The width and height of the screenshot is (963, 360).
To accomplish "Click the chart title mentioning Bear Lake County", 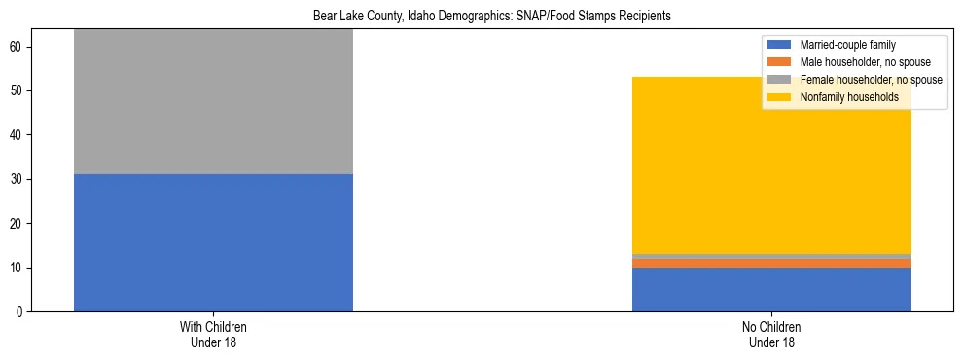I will (x=491, y=17).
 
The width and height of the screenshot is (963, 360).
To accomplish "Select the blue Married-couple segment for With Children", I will (x=213, y=243).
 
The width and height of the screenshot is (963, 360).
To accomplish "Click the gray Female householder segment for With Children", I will (x=213, y=102).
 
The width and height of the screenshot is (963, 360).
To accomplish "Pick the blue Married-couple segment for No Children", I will (x=771, y=290).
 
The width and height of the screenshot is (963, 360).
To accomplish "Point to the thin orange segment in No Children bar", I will (x=771, y=264).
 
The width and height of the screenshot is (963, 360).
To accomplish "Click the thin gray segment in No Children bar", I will (x=771, y=256).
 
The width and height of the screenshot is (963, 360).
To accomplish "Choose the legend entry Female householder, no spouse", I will (x=870, y=80).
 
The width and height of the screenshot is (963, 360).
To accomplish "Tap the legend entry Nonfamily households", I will (x=849, y=97).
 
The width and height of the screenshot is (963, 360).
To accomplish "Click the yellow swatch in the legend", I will (x=779, y=97).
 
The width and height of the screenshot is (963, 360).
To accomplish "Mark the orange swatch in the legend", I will (x=779, y=62).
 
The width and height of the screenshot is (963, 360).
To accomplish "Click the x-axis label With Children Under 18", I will (x=213, y=335).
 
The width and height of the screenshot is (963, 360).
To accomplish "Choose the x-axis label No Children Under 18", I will (x=771, y=335).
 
